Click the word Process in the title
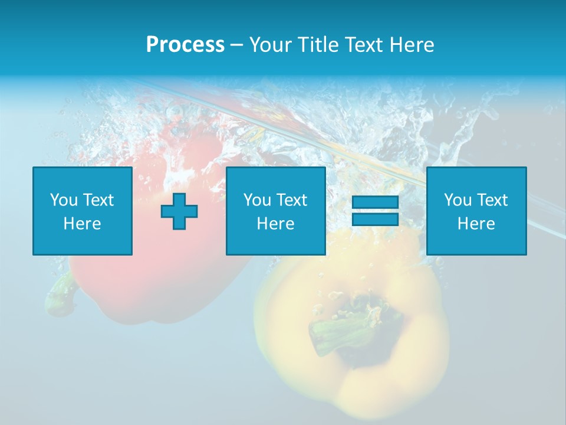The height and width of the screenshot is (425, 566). click(185, 45)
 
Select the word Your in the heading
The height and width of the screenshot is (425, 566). click(270, 45)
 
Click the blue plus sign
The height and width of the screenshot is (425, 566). click(179, 211)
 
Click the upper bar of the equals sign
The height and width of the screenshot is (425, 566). click(375, 202)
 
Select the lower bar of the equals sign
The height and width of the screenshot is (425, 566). click(375, 219)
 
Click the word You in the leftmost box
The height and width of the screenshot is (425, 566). click(63, 200)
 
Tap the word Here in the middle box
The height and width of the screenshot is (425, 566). click(275, 224)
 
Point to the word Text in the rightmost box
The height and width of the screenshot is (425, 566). click(492, 200)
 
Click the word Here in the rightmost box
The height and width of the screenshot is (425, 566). click(476, 224)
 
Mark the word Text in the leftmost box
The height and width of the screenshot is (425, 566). click(98, 200)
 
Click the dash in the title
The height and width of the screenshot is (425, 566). click(236, 45)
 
